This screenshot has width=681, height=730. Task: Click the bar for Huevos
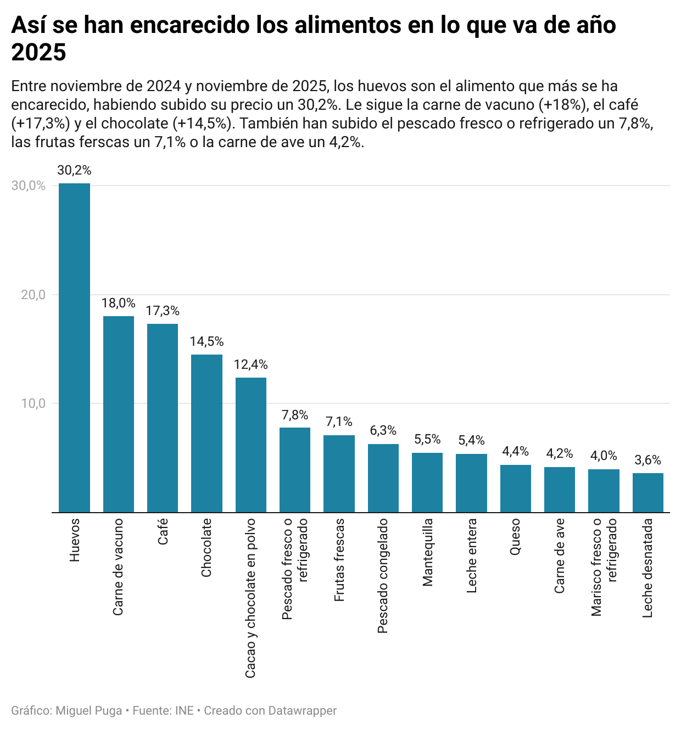tap(74, 347)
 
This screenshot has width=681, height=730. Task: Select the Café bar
tap(163, 418)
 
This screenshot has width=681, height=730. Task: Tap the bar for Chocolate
tap(206, 433)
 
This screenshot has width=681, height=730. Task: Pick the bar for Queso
tap(515, 488)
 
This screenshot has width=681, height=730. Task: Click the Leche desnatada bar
tap(647, 492)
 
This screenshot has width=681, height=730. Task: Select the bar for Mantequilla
tap(427, 482)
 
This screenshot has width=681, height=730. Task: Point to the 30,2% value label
tap(74, 171)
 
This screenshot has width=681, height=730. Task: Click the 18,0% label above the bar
tap(118, 303)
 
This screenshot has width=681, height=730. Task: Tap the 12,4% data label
tap(250, 364)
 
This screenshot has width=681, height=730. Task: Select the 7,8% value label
tap(295, 415)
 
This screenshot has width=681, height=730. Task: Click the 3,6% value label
tap(647, 460)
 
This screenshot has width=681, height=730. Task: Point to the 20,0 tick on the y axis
tap(33, 295)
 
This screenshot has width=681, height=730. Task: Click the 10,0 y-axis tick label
tap(33, 403)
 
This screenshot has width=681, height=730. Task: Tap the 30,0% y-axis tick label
tap(29, 186)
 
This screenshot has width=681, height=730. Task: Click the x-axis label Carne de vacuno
tap(118, 567)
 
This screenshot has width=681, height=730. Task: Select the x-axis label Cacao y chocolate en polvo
tap(250, 598)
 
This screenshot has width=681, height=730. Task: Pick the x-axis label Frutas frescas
tap(339, 559)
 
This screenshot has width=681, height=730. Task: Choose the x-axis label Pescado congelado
tap(383, 576)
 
